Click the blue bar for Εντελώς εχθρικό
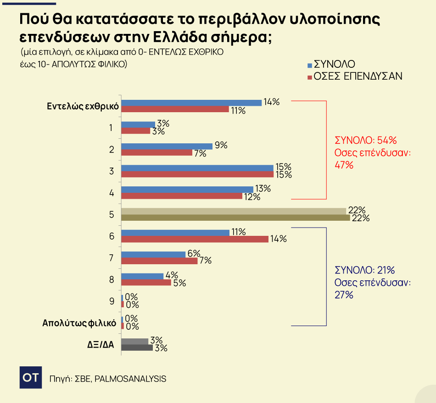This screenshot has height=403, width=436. point(191,103)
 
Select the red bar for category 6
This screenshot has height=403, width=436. point(195,239)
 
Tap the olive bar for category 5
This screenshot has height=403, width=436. point(235,218)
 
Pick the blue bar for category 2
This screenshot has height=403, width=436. point(167,146)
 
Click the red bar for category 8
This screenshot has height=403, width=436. point(146,283)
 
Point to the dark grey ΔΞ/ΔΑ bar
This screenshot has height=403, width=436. point(137,348)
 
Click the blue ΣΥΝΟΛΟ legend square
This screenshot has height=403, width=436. point(309,65)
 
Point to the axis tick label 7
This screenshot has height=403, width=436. point(112,258)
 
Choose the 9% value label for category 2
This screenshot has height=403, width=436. point(221,145)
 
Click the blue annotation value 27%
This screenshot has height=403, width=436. point(344,295)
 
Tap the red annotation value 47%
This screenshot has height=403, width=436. point(344,165)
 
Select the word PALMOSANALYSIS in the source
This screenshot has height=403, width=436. point(130,379)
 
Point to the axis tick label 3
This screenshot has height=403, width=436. point(112,171)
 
